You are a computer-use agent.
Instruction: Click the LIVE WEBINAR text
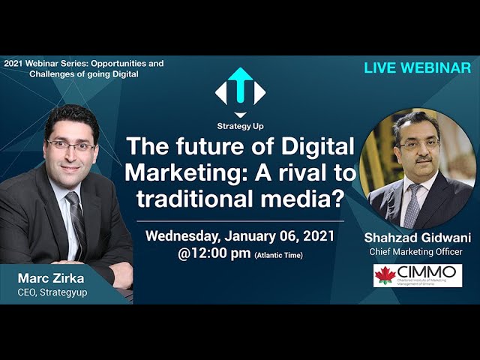click(417, 68)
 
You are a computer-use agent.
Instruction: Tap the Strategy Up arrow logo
click(240, 88)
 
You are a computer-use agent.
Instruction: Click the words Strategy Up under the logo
click(240, 126)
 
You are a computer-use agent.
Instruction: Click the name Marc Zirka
click(51, 279)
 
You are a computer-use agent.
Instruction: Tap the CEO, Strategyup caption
click(52, 292)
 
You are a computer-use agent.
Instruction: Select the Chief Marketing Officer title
click(416, 251)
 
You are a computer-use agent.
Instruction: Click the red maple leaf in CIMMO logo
click(385, 275)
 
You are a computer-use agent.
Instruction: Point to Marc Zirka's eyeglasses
click(70, 145)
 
